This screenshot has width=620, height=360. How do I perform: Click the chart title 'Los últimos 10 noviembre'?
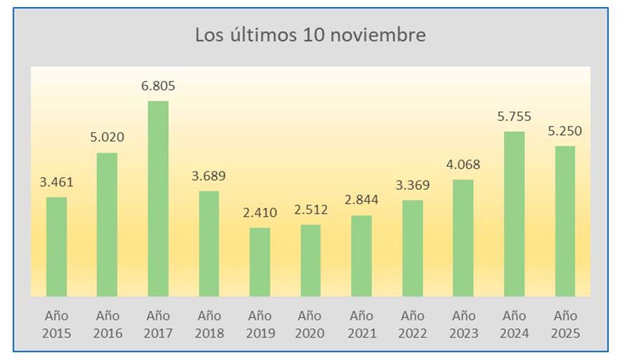point(310,34)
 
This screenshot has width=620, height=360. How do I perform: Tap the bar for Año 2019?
point(259,262)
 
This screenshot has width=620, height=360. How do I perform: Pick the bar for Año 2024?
point(514,214)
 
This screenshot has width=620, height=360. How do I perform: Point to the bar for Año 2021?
point(361,255)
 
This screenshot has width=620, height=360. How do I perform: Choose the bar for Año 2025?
point(564,221)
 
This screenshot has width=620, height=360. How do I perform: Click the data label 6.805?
point(158,86)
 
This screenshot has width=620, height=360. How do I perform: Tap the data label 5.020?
point(108,138)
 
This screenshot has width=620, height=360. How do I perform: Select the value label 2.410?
point(259,212)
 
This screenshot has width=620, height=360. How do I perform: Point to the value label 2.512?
point(311,210)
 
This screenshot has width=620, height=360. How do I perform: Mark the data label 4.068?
point(463,165)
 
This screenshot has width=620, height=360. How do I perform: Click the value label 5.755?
point(514,117)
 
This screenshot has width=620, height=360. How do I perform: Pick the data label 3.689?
point(209,176)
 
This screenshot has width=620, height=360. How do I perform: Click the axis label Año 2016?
point(108,324)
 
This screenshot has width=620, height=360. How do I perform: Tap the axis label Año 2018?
point(209,324)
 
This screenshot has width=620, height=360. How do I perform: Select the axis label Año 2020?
point(311,324)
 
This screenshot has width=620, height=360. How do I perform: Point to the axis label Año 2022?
point(412,324)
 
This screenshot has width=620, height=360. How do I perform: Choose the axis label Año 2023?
point(463,324)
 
